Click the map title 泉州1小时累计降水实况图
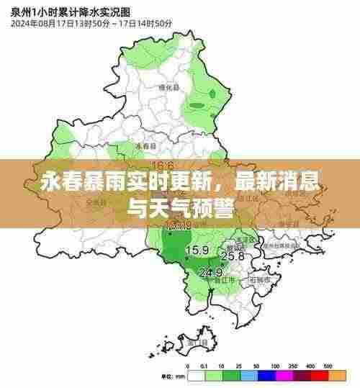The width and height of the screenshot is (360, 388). [60, 11]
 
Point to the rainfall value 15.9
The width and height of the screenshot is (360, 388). [197, 251]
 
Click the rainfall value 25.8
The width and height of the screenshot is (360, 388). [232, 256]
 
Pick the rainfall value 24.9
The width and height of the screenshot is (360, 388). [210, 273]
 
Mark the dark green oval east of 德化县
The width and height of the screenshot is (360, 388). [212, 94]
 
